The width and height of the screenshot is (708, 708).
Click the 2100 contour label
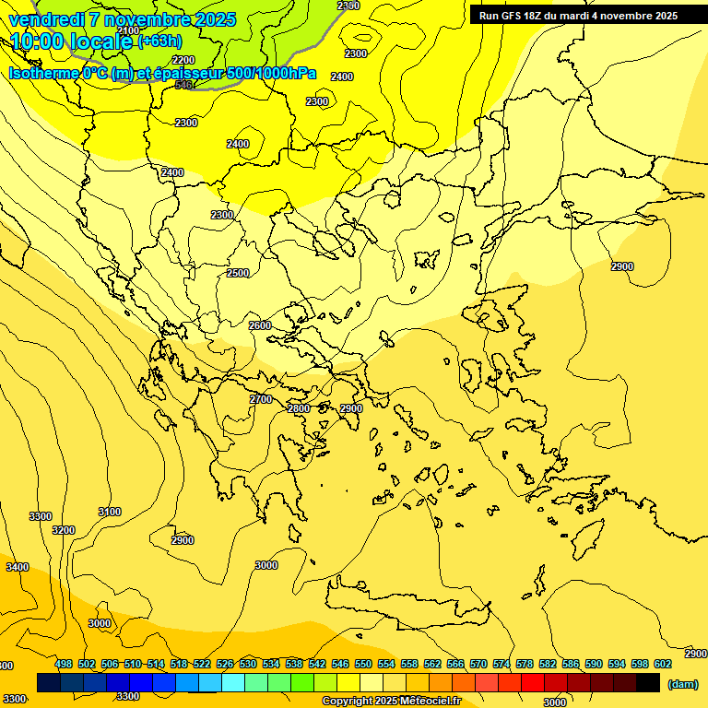click(129, 30)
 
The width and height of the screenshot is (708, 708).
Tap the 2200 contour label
click(183, 60)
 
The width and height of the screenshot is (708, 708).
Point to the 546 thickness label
click(183, 85)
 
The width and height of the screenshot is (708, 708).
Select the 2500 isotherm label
click(238, 273)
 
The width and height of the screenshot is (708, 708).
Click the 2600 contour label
click(260, 325)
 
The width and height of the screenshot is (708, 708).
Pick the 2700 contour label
click(261, 399)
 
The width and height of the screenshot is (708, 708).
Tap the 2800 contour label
click(299, 408)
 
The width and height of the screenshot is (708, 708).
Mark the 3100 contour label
click(110, 512)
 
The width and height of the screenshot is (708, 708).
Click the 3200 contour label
click(64, 530)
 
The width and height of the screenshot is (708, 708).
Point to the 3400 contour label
click(18, 567)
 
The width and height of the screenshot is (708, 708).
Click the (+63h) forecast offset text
click(159, 41)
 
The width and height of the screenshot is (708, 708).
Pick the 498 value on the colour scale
click(64, 664)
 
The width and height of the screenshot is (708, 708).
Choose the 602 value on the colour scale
click(663, 664)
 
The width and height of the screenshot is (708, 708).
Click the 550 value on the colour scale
click(363, 664)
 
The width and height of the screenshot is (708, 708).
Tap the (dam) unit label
click(683, 684)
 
